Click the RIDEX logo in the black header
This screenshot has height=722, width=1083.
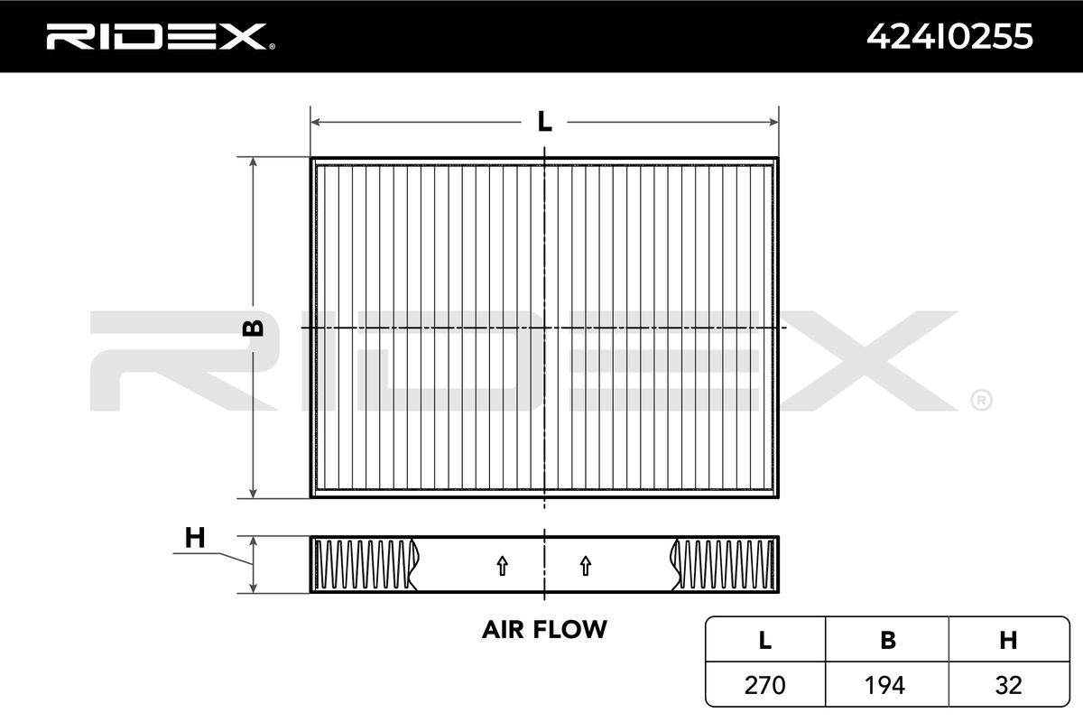[x=161, y=37]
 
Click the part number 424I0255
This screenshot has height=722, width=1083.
[x=949, y=37]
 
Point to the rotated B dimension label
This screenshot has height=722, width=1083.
[x=253, y=328]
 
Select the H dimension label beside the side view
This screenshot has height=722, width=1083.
[x=195, y=537]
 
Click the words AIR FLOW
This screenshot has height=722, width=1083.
[x=544, y=629]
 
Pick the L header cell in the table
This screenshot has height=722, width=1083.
[x=765, y=640]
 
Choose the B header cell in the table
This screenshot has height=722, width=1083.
[x=888, y=640]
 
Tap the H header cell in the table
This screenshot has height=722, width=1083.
[x=1008, y=640]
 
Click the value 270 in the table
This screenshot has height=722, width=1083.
[x=765, y=685]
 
